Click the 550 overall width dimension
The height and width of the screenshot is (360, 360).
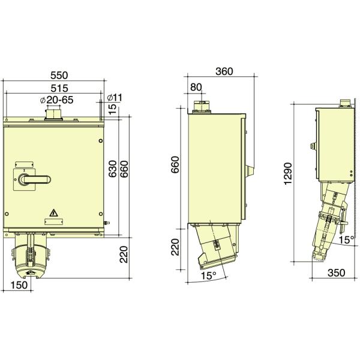59,76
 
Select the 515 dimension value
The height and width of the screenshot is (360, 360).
59,89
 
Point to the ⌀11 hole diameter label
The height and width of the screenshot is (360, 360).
114,97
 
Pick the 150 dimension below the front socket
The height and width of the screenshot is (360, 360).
19,286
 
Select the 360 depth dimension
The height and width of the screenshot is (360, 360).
223,71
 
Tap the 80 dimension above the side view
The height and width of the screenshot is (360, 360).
196,87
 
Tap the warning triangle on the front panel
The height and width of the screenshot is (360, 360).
54,212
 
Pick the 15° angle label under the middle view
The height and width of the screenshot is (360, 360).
207,276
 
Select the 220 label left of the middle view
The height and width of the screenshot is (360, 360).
176,247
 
